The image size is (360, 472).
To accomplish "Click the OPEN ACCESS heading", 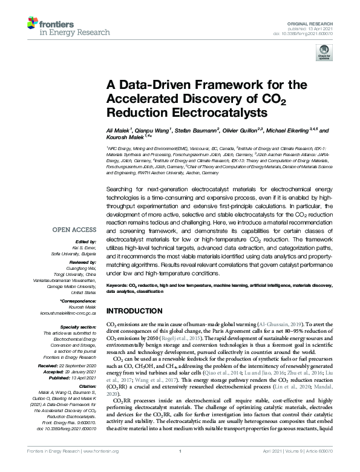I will [x=74, y=230].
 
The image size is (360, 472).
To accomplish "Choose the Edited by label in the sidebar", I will [x=85, y=243].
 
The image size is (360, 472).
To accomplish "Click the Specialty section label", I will [x=77, y=327].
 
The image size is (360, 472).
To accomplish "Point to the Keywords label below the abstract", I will [x=121, y=284].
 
